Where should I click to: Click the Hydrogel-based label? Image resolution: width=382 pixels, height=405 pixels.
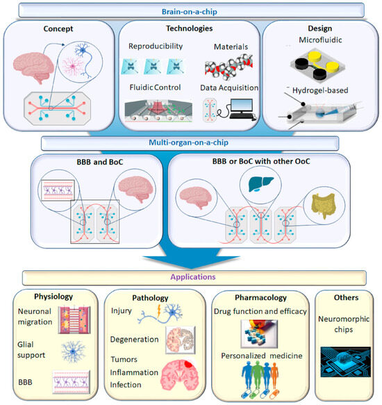(x=322, y=90)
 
